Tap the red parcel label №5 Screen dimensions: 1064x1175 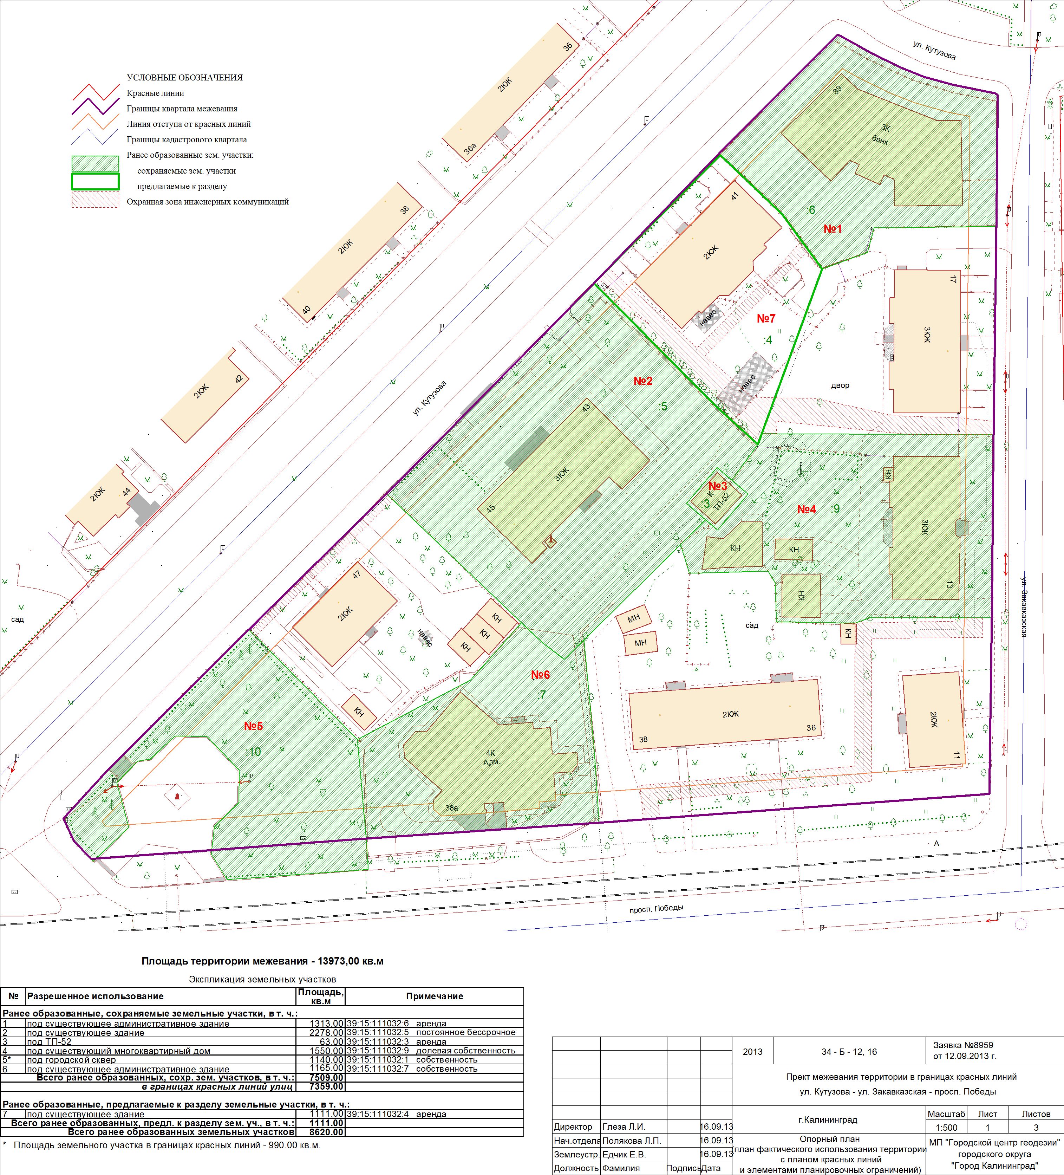254,726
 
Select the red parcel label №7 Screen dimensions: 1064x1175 766,318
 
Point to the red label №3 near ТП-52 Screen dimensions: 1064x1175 718,486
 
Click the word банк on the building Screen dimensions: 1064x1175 880,139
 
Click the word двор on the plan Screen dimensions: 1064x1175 840,385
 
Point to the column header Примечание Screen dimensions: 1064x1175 435,996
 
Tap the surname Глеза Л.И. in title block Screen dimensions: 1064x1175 624,1127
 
